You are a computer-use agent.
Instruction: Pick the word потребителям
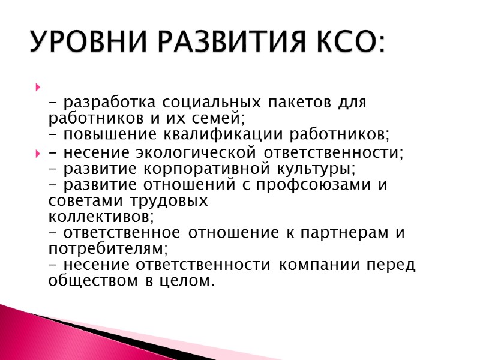click(108, 248)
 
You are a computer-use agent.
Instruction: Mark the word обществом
click(98, 280)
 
